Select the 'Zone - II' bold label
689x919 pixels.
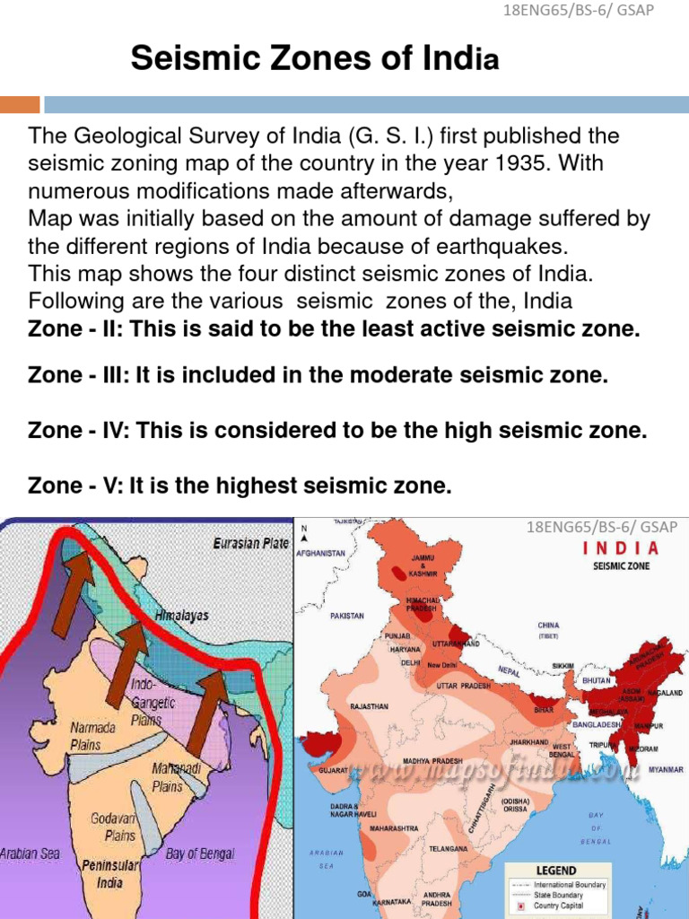[x=75, y=329]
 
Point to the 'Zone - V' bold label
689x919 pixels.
[x=74, y=486]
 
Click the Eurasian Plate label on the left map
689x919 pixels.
[x=250, y=543]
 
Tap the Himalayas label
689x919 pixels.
[x=182, y=616]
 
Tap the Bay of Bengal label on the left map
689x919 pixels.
[x=200, y=853]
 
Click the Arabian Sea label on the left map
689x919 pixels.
[x=30, y=853]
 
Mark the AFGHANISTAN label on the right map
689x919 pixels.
[x=321, y=554]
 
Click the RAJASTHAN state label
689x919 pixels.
[x=369, y=706]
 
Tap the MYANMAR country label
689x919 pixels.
[x=666, y=770]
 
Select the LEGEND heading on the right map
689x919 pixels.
[x=557, y=871]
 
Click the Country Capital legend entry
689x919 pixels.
[x=561, y=906]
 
